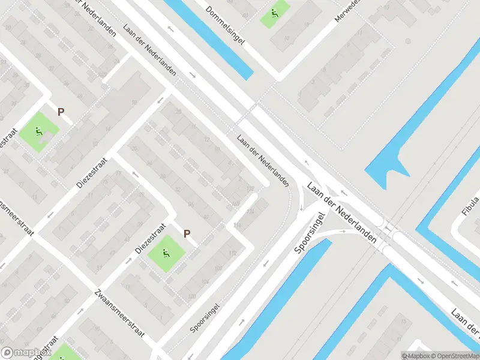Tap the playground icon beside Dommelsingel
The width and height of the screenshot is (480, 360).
click(274, 13)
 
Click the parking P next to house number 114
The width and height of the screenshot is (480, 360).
click(187, 233)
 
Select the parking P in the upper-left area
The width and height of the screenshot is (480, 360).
click(60, 112)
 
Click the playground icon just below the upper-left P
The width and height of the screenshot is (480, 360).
click(40, 131)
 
